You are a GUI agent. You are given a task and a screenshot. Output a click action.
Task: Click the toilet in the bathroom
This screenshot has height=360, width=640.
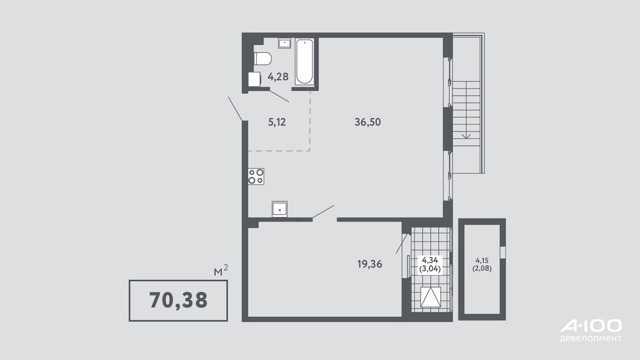pos(262,58)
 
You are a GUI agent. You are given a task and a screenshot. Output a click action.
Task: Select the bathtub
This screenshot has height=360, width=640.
pos(304,62)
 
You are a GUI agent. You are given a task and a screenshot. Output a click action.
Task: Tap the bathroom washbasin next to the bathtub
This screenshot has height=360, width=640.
pos(285,43)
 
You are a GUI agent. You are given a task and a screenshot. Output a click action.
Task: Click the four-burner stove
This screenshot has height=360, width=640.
pos(256,176)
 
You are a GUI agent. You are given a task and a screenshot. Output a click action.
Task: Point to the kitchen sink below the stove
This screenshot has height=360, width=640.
pos(280,209)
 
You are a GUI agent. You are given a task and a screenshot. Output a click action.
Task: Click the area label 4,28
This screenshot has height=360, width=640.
pos(278,76)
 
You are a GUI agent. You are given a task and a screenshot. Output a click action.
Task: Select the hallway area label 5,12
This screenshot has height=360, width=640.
pos(277,122)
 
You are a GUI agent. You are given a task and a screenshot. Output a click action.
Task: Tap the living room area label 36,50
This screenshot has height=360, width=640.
pos(367,122)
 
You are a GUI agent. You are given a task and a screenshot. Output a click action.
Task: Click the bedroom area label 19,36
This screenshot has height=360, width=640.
pos(370,264)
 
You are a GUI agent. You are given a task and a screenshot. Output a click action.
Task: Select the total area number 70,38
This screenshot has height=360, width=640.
pos(179,300)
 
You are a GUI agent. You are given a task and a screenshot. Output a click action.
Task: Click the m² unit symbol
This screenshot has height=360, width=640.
pos(221,270)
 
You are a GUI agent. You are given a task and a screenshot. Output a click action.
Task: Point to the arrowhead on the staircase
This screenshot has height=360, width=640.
pos(466,136)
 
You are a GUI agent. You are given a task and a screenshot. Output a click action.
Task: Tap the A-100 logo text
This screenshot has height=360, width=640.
pos(591,326)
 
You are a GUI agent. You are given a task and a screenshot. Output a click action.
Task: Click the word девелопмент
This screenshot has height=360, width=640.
pos(591,338)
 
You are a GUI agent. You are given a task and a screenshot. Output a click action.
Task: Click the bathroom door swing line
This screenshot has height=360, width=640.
pos(279,95)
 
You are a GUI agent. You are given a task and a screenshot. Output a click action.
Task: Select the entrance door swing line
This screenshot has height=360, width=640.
pos(236,109)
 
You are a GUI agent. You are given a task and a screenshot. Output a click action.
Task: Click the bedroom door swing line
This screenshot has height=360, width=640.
pos(323,212)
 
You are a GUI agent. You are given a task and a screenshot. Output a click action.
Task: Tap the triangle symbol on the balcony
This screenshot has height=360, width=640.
pos(431,297)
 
